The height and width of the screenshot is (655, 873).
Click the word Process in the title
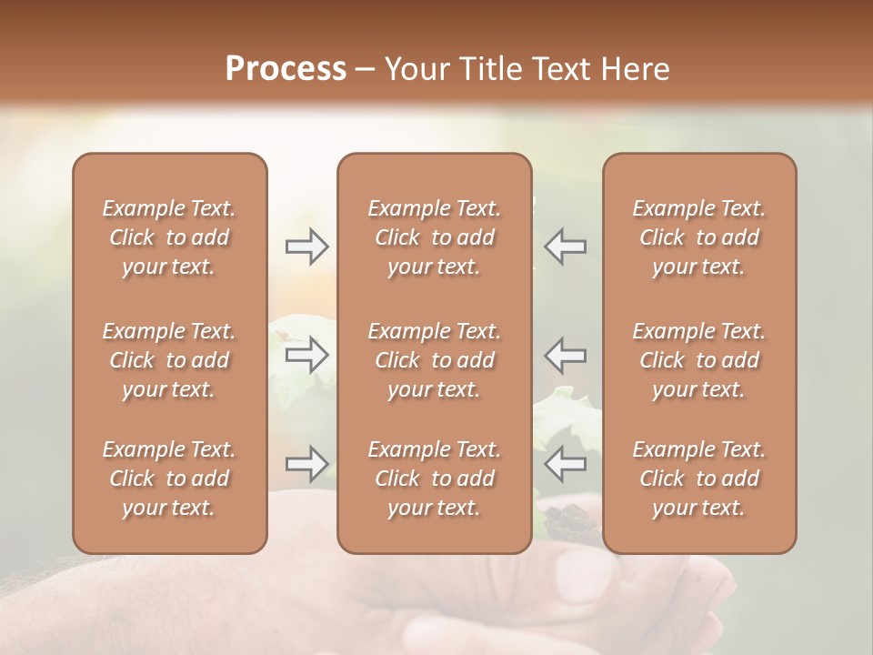pyautogui.click(x=286, y=69)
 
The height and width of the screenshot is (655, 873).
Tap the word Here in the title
pyautogui.click(x=633, y=69)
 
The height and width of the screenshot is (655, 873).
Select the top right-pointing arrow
pyautogui.click(x=306, y=247)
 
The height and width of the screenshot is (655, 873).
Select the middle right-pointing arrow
pyautogui.click(x=306, y=355)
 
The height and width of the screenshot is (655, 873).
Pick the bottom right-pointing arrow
pyautogui.click(x=306, y=464)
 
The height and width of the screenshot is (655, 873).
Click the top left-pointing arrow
pyautogui.click(x=566, y=247)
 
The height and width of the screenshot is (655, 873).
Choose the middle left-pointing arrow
pyautogui.click(x=566, y=355)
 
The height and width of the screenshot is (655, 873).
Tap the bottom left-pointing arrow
pyautogui.click(x=566, y=464)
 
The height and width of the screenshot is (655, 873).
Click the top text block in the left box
pyautogui.click(x=169, y=237)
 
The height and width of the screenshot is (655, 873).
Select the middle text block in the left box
pyautogui.click(x=169, y=360)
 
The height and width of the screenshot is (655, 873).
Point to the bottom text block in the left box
pyautogui.click(x=169, y=479)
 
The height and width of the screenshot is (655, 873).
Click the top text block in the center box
pyautogui.click(x=434, y=237)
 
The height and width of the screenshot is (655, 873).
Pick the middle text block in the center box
pyautogui.click(x=434, y=360)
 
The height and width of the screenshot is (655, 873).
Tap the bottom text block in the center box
pyautogui.click(x=434, y=479)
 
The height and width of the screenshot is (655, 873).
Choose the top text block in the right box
pyautogui.click(x=698, y=237)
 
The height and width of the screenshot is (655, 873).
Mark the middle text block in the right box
pyautogui.click(x=698, y=360)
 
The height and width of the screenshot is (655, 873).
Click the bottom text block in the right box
pyautogui.click(x=698, y=479)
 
